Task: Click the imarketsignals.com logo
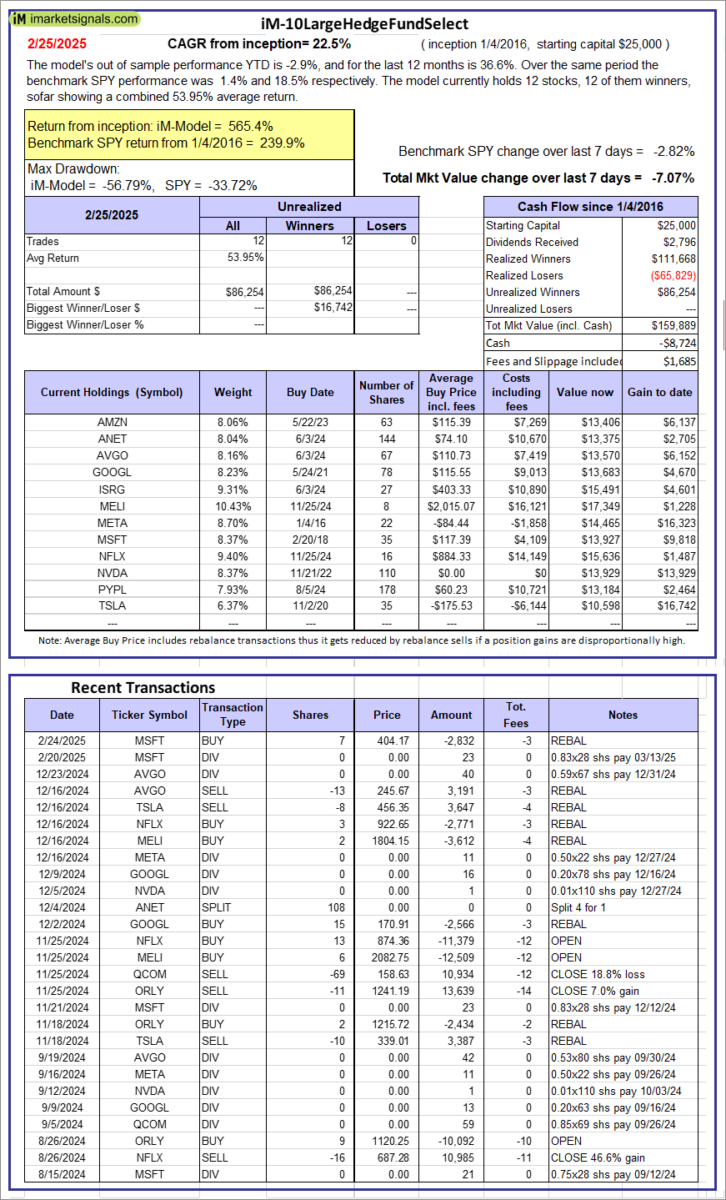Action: tap(75, 19)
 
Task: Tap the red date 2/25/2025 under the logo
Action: tap(57, 44)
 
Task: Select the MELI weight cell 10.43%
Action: tap(233, 506)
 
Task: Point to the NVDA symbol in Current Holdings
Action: tap(112, 573)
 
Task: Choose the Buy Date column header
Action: tap(310, 392)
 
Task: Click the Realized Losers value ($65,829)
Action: tap(673, 275)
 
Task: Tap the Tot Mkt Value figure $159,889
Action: tap(673, 325)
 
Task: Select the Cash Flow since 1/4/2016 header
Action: tap(590, 207)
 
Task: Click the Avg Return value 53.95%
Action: tap(246, 258)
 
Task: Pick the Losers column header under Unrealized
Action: tap(387, 225)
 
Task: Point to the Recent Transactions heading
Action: tap(143, 688)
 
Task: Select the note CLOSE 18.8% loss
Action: tap(597, 974)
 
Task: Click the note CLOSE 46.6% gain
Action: tap(597, 1157)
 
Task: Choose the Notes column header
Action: tap(623, 715)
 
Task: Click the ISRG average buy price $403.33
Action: tap(452, 490)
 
